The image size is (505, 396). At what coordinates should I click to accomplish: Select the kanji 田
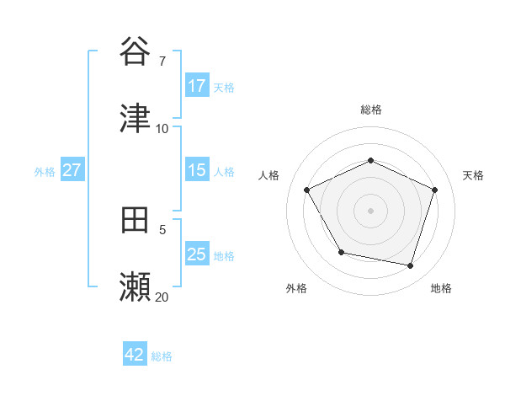pos(136,220)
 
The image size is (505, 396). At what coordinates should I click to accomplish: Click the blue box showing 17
pos(197,86)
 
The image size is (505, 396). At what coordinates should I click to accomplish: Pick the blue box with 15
pos(197,170)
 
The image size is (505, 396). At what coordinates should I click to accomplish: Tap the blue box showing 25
pos(197,254)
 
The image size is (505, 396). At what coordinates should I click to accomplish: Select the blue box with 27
pos(72,170)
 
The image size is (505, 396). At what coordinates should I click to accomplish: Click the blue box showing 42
pos(135,355)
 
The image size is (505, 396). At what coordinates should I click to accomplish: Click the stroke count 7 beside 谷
pos(162,61)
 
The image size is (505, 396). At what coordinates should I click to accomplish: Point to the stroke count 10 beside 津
pos(162,129)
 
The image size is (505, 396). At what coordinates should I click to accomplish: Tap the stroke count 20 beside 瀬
pos(162,297)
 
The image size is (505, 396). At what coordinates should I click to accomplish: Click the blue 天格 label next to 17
pos(224,87)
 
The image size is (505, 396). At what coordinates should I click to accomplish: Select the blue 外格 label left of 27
pos(45,171)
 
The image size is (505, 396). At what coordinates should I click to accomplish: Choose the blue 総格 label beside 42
pos(162,356)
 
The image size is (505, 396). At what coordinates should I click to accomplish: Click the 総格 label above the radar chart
pos(371,110)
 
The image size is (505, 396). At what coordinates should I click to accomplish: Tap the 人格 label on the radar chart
pos(269,175)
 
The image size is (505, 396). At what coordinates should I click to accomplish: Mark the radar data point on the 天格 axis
pos(435,190)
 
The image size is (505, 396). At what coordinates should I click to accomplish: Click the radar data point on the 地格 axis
pos(411,265)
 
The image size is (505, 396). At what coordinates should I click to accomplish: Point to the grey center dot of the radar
pos(371,211)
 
